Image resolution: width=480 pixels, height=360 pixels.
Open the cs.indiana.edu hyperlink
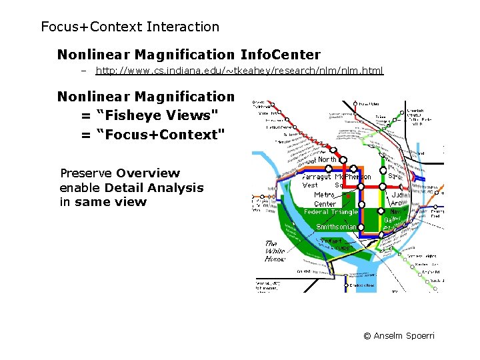[x=239, y=71]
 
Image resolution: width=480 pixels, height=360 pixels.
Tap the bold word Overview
[x=148, y=173]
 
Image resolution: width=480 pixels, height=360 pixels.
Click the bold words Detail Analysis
[x=154, y=188]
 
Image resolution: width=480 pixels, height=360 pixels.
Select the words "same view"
[x=111, y=202]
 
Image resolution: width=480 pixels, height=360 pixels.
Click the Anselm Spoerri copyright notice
[x=399, y=335]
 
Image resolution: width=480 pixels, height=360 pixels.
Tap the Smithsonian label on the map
[x=336, y=227]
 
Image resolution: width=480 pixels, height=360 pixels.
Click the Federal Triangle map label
[x=331, y=212]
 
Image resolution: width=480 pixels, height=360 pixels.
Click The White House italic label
[x=275, y=251]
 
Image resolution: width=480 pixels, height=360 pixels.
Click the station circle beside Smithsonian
[x=361, y=227]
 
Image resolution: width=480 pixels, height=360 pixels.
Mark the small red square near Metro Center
[x=347, y=196]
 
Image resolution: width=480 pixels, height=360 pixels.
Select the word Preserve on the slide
[x=86, y=173]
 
